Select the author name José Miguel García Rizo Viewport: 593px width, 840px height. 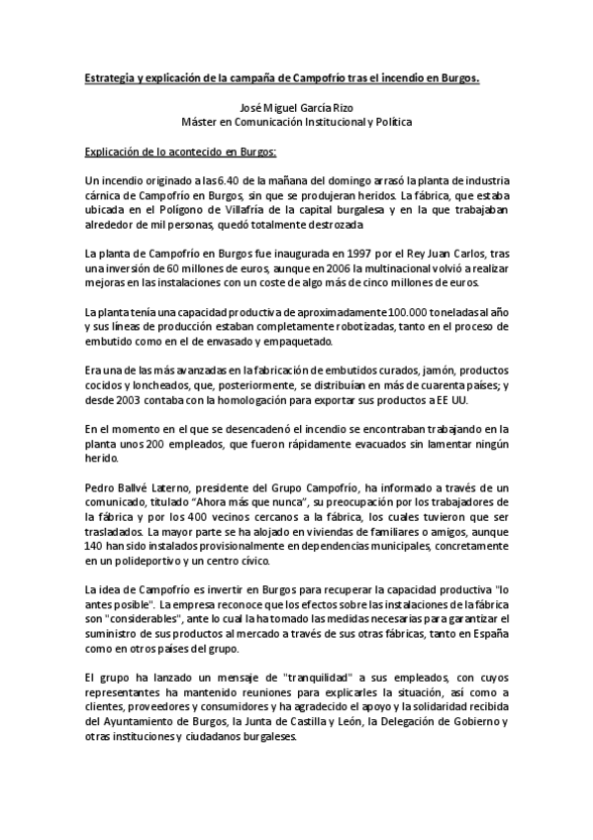point(296,109)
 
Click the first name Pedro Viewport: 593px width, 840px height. point(100,489)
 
